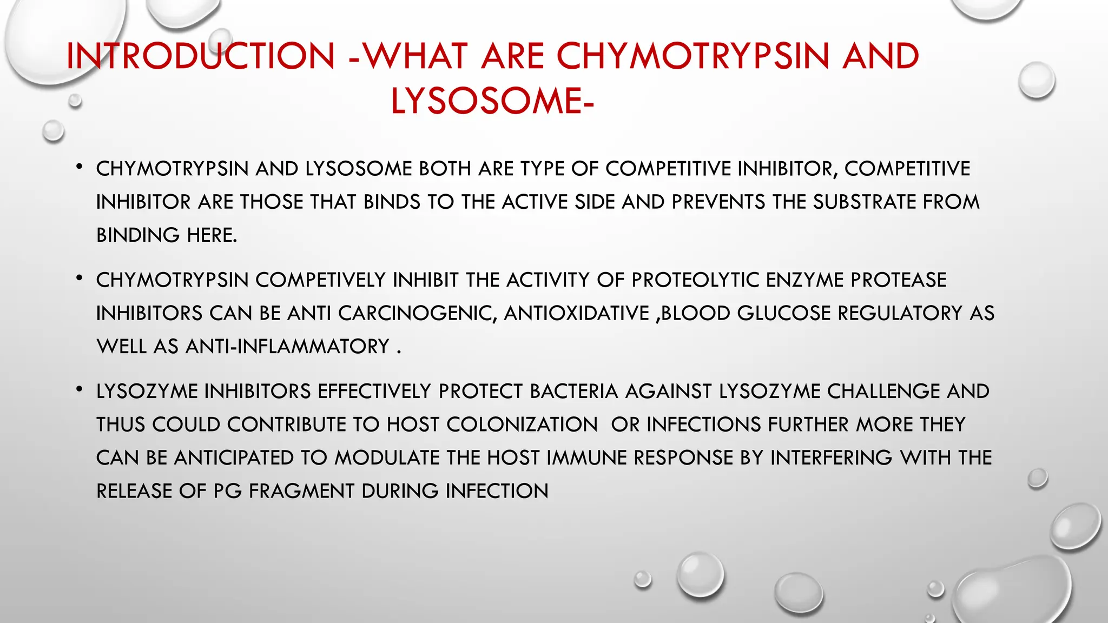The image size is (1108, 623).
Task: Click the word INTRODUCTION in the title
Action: (200, 56)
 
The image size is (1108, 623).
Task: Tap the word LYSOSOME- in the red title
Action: (492, 101)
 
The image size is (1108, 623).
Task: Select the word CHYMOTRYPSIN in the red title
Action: (692, 56)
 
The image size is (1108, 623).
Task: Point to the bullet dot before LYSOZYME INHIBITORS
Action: (80, 389)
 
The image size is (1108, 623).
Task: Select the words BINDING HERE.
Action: (167, 236)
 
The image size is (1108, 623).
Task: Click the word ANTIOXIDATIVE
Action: (576, 314)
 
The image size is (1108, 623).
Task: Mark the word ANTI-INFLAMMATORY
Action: (287, 347)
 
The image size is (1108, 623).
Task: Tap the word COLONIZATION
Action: (522, 425)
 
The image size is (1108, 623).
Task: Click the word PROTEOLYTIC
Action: (695, 280)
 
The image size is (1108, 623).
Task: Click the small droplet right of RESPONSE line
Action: (1038, 478)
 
